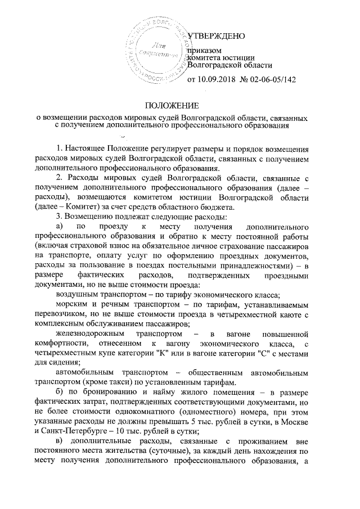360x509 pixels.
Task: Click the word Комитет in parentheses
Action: point(75,206)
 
